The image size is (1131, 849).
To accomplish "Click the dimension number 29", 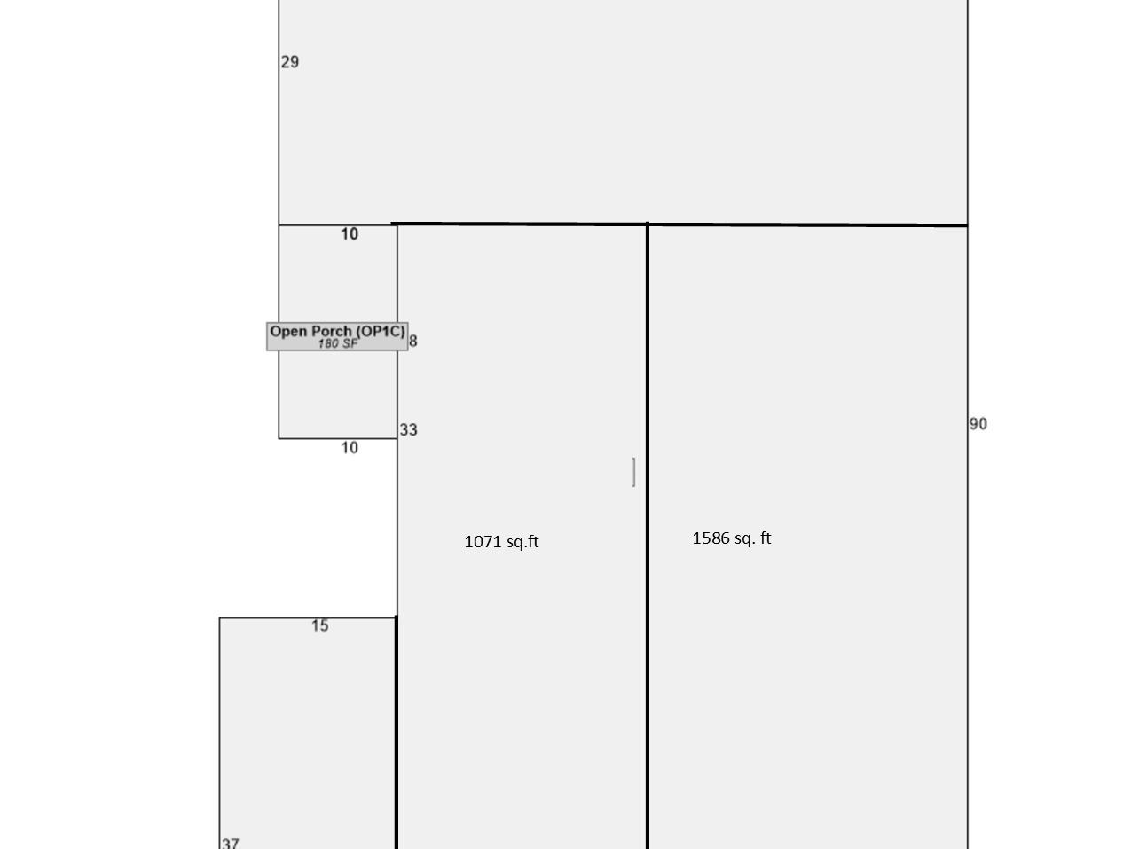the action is point(289,62).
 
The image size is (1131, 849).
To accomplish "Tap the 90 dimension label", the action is point(978,424).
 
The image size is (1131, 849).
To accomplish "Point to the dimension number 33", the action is point(409,429).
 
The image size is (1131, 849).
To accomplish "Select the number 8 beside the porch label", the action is point(412,341).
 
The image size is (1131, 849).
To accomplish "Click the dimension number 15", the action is point(320,625).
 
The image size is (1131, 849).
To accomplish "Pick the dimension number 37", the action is point(231,843).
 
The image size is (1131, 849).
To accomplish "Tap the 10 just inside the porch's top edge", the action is point(350,234).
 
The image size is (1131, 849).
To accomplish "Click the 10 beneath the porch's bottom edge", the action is point(350,448).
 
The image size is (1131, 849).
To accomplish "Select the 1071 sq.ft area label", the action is point(501,542).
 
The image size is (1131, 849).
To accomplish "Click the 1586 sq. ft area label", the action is point(732,538).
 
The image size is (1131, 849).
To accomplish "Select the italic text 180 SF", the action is point(337,343).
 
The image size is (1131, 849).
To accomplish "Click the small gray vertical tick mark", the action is point(633,472).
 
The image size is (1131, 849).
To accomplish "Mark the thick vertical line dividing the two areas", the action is point(648,536).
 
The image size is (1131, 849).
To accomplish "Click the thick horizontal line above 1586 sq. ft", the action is point(807,224).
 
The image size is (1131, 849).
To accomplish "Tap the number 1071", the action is point(483,542).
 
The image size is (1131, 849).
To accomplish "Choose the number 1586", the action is point(711,538).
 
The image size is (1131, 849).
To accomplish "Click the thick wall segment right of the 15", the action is point(397,732).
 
